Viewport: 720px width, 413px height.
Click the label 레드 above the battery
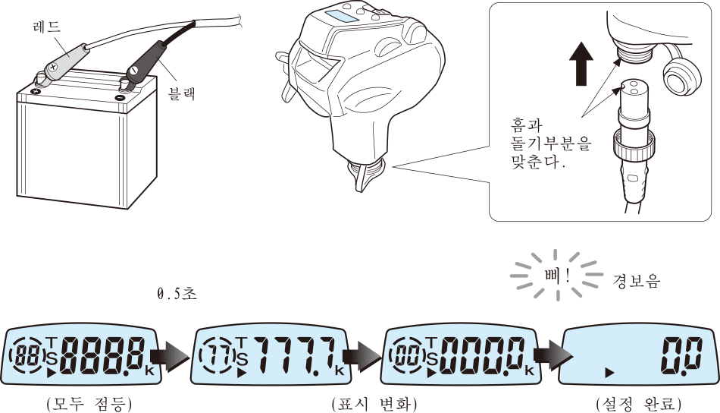pos(47,27)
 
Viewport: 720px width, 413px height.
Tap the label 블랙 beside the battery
pos(183,93)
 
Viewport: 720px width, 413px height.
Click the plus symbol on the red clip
pos(53,67)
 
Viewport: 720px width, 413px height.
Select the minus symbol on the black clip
pos(133,71)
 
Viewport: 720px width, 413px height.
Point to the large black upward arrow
pos(581,64)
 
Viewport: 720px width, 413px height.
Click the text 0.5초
pos(177,293)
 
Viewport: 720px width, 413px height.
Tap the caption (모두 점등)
pos(89,404)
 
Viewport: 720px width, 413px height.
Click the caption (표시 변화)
pos(374,404)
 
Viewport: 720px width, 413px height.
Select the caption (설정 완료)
pos(639,404)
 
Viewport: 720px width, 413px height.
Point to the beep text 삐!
pos(557,276)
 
